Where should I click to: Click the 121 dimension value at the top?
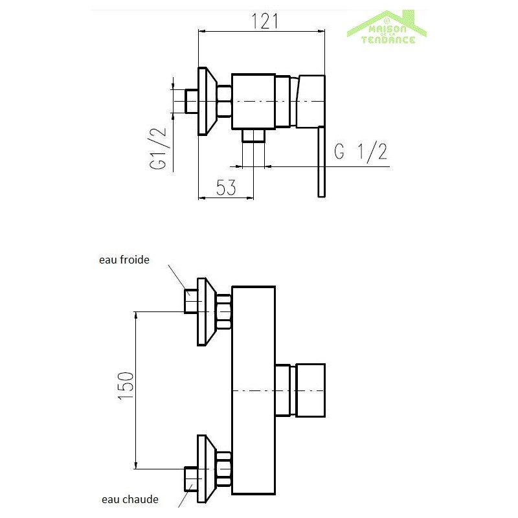(265, 21)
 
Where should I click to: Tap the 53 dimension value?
(226, 187)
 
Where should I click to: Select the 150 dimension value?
(126, 385)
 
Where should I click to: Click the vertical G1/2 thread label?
(158, 148)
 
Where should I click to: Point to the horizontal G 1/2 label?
(361, 152)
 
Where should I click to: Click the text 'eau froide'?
(124, 260)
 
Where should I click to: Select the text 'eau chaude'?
(130, 499)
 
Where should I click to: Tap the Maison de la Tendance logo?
(387, 28)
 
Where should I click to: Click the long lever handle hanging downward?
(321, 163)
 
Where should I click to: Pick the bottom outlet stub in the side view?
(253, 136)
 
